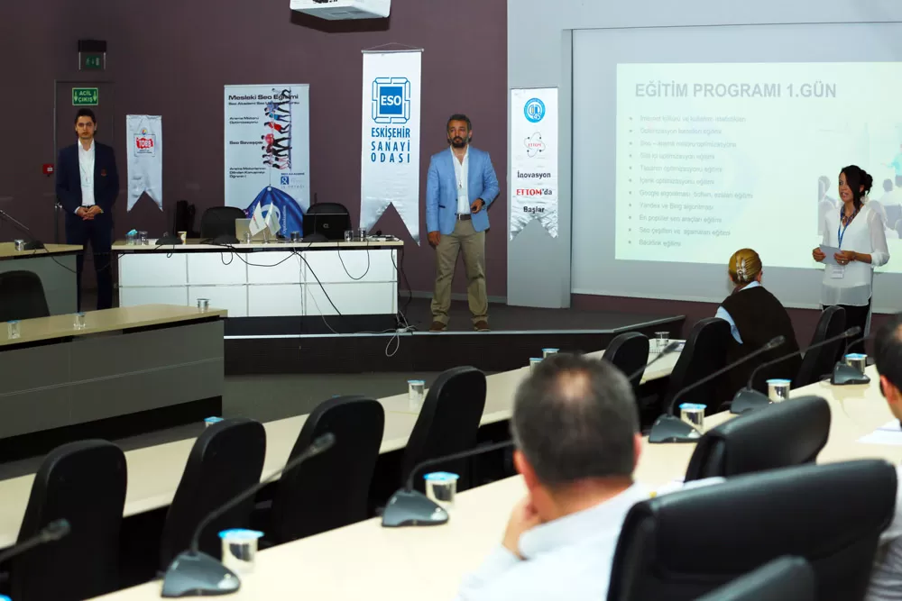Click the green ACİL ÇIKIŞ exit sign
pos(85,96)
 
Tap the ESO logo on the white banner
pos(391,100)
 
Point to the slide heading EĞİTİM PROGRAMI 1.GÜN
pos(735,90)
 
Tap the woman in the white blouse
pos(851,239)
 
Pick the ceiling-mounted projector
pos(340,8)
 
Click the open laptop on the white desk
pos(326,226)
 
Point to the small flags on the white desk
pos(263,220)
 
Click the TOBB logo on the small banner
pos(144,143)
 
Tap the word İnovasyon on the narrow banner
pos(534,175)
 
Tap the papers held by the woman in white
pos(828,253)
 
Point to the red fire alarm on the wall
pos(48,169)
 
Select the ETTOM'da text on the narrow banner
pos(534,192)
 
